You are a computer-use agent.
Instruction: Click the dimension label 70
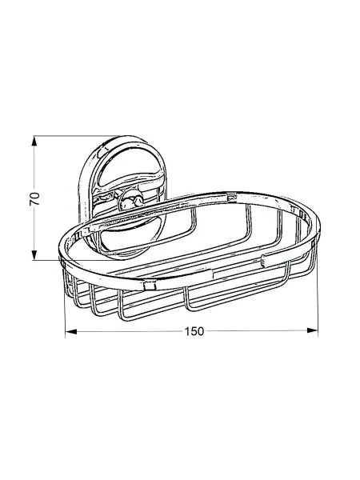click(34, 198)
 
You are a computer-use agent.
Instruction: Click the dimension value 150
click(194, 331)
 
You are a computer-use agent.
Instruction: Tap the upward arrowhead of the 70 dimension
click(34, 141)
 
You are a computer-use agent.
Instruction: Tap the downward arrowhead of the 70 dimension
click(34, 255)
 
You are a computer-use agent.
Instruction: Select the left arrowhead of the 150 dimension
click(71, 331)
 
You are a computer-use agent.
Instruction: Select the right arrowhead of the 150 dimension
click(312, 330)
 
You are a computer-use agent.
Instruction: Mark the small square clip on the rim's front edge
click(150, 286)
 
